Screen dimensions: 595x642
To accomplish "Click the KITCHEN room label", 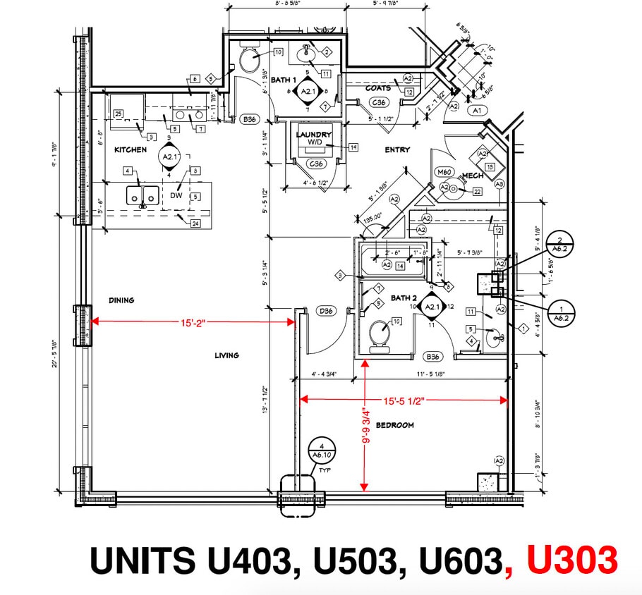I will [131, 149].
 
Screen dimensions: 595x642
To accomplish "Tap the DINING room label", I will [121, 300].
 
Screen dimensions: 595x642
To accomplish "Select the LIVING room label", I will [227, 355].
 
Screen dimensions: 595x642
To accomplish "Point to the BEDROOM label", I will [394, 425].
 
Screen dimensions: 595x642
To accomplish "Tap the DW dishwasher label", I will [176, 196].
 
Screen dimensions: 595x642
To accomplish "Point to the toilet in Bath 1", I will [249, 61].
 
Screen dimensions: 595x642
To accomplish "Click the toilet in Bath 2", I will [380, 333].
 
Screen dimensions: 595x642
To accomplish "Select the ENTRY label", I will [397, 149].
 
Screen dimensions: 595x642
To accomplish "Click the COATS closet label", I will [378, 88].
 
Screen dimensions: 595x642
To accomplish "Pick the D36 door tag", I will [326, 310].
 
